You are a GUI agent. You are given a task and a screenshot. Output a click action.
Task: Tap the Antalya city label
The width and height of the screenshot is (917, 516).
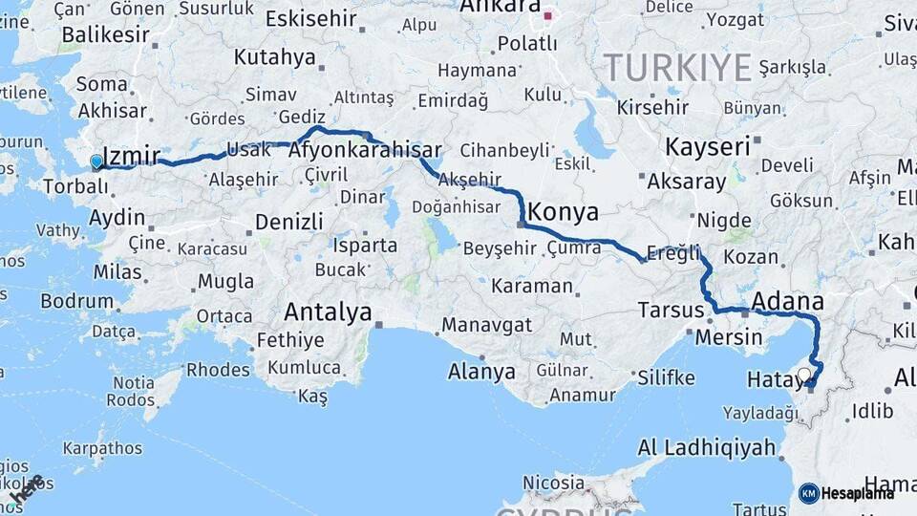[328, 312]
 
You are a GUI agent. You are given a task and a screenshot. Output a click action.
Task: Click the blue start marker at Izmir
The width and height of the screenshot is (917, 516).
[96, 161]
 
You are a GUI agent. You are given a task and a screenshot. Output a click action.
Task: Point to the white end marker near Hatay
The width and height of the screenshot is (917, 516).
[804, 375]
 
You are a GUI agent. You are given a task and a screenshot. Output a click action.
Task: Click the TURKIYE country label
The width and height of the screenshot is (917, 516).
[677, 67]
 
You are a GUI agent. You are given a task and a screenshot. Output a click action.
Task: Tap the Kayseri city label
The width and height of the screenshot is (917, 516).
[707, 147]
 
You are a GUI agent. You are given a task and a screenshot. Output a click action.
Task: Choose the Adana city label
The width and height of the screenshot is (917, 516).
[787, 303]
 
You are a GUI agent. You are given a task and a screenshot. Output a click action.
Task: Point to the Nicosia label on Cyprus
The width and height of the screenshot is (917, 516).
[555, 483]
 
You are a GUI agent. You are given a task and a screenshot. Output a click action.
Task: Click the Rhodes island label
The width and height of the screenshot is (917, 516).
[218, 369]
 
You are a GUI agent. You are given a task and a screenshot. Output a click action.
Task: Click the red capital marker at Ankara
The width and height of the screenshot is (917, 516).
[548, 15]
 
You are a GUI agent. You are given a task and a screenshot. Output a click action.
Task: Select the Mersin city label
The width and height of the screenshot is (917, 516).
[729, 337]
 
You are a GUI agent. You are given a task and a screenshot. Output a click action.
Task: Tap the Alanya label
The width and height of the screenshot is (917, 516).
[481, 372]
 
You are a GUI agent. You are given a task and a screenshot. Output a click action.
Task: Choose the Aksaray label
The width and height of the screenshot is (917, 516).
[689, 181]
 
